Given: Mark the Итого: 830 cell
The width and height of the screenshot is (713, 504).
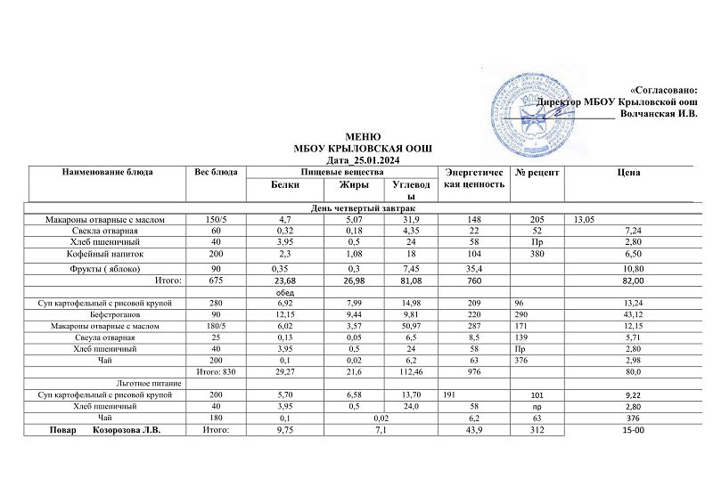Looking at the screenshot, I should coord(215,370).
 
